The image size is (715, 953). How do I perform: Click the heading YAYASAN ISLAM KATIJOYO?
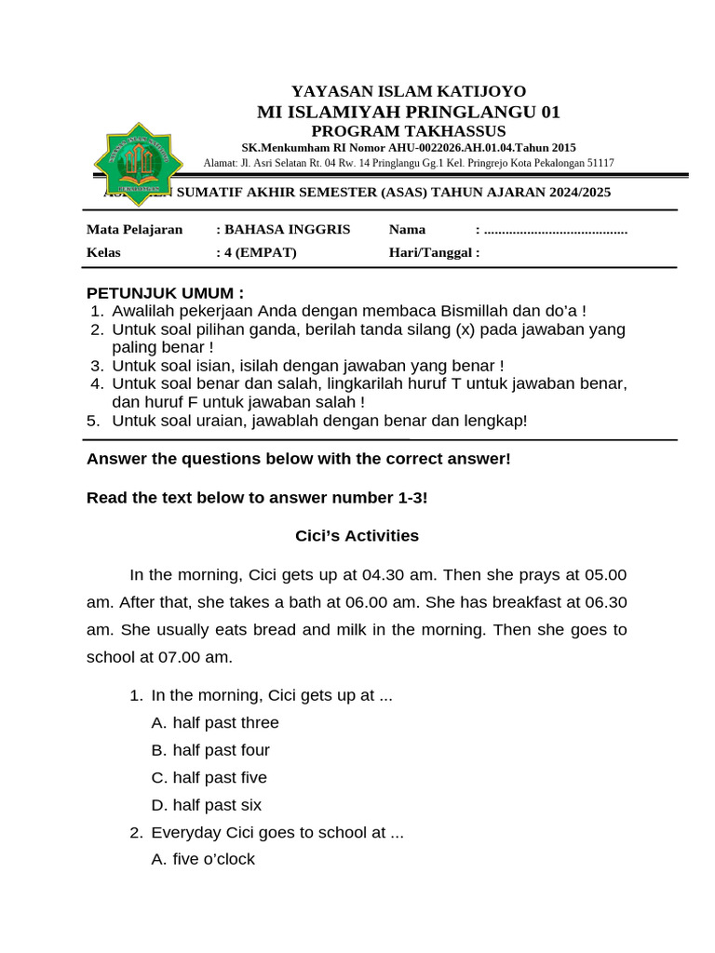(x=409, y=91)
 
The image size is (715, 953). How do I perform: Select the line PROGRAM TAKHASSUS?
(x=409, y=130)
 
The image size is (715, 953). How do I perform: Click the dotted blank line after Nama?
(x=556, y=230)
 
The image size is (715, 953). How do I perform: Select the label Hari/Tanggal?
(x=434, y=252)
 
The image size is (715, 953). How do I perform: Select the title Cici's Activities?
(x=357, y=536)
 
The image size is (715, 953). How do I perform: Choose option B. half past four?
(x=210, y=750)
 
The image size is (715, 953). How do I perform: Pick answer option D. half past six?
(x=207, y=805)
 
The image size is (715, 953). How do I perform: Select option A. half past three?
(x=215, y=723)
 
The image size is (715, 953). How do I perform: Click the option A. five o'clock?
(x=203, y=860)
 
